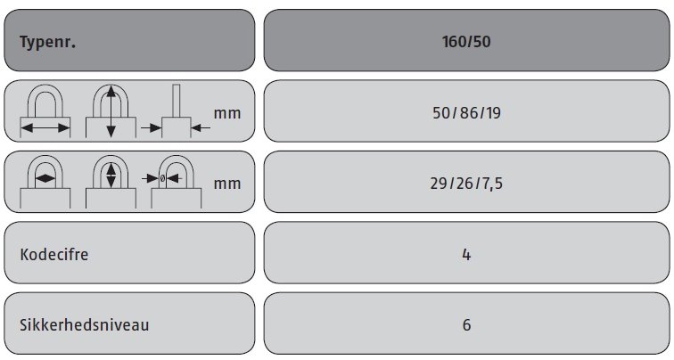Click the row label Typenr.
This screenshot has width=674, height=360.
[47, 42]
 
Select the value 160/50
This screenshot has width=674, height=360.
[466, 42]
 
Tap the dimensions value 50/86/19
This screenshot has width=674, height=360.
[466, 112]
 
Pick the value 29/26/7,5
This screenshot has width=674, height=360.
[466, 184]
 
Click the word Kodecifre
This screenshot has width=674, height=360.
[54, 254]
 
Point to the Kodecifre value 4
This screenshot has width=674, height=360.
[466, 254]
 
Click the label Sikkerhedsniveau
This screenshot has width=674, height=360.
[84, 324]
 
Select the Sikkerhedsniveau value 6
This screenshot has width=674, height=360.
[466, 324]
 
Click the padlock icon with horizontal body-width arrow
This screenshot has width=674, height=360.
[45, 127]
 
